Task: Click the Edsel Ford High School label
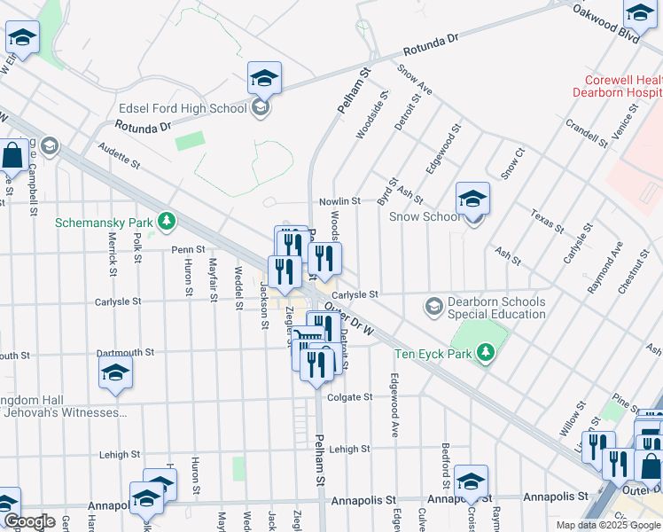(182, 108)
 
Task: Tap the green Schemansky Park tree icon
(166, 220)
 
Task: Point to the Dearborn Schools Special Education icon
(433, 307)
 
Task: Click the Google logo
(29, 521)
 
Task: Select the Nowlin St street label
(339, 201)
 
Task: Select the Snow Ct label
(512, 164)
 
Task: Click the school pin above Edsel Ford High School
(264, 78)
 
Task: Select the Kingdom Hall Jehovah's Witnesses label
(64, 405)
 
